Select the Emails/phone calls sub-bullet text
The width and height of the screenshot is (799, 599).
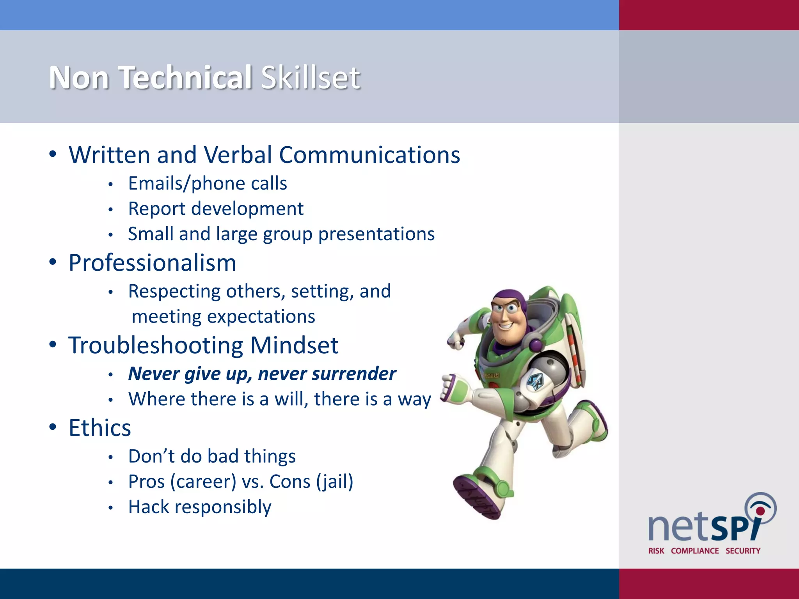click(208, 183)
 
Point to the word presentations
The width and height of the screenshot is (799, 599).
click(376, 234)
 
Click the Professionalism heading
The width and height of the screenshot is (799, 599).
click(153, 263)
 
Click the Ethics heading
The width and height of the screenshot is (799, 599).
click(100, 428)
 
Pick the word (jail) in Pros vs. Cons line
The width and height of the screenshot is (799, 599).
click(335, 482)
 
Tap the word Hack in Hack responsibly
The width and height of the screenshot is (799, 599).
click(149, 507)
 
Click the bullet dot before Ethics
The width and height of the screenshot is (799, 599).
click(53, 427)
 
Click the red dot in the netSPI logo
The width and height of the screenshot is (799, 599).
click(760, 511)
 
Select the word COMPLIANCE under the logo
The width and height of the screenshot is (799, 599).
click(694, 551)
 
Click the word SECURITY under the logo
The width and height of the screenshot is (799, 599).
click(743, 551)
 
